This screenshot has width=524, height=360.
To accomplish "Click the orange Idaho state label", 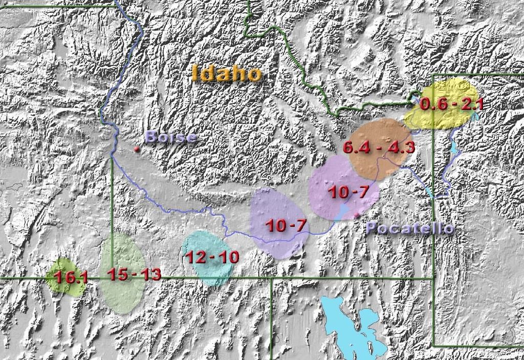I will [x=227, y=74].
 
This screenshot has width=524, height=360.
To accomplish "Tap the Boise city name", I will [x=170, y=137].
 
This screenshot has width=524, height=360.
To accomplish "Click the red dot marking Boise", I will [x=137, y=149].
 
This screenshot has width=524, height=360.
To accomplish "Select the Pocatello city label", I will [x=410, y=228].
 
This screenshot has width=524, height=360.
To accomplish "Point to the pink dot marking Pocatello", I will [x=356, y=215].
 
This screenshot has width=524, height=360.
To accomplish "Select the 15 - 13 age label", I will [x=134, y=274].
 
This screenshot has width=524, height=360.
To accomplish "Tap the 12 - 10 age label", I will [x=212, y=257].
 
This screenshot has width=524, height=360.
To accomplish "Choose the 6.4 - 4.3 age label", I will [x=378, y=148].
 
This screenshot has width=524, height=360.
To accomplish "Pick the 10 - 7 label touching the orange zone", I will [x=347, y=193].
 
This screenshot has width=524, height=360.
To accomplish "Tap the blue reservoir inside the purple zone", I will [x=341, y=213].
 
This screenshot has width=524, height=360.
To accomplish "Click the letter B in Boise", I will [x=151, y=137].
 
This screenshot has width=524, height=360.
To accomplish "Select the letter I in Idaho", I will [x=195, y=74].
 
